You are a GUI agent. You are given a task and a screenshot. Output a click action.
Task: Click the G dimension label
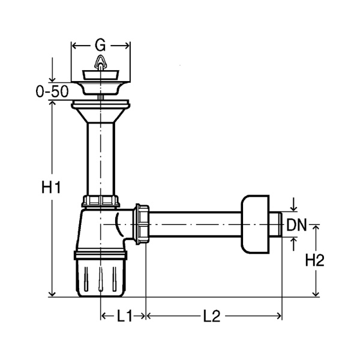tap(100, 46)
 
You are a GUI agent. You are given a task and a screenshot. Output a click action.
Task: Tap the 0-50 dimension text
tap(52, 91)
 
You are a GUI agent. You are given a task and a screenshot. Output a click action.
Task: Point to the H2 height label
tap(314, 260)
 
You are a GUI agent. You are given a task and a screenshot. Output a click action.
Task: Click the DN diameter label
tap(296, 225)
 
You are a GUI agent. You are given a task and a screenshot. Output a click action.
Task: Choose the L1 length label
tap(125, 316)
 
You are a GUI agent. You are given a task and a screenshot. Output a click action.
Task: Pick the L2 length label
tap(212, 316)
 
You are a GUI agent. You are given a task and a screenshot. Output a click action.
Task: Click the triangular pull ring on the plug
tap(101, 62)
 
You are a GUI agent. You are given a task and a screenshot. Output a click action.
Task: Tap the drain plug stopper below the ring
tap(101, 75)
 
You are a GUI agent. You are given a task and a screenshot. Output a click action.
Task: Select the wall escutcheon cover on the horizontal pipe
tap(255, 224)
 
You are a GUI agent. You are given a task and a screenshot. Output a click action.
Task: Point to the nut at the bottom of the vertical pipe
tap(101, 202)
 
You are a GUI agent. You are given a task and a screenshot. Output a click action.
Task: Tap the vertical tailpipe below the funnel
tap(101, 159)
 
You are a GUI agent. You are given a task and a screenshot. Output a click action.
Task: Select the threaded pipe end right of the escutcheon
tap(275, 224)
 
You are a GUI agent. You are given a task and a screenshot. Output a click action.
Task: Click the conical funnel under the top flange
tap(101, 115)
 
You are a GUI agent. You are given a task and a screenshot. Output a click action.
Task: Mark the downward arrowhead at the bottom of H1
tap(52, 293)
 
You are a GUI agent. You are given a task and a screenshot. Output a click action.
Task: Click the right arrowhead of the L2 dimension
tap(279, 316)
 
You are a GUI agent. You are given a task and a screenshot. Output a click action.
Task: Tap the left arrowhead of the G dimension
tap(74, 46)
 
